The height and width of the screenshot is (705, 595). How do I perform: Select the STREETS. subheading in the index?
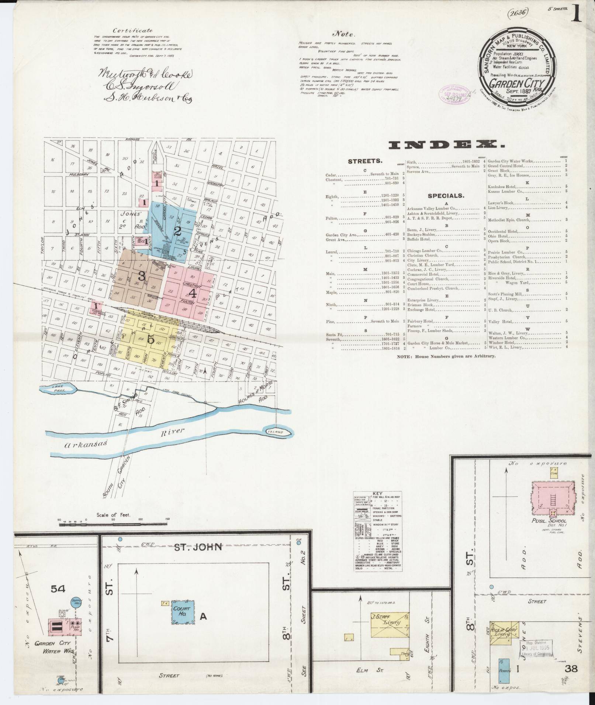365,161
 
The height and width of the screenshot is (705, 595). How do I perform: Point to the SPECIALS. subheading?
446,196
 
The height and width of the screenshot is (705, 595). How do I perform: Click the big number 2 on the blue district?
178,231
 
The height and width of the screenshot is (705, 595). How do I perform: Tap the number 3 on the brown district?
141,275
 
